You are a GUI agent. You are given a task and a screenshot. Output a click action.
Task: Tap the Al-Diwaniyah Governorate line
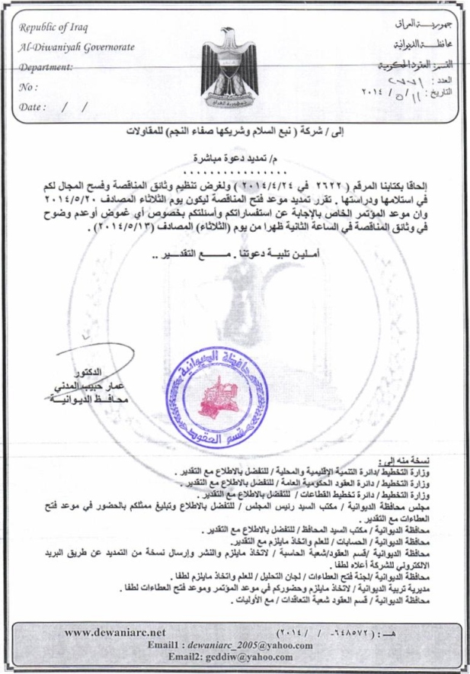pyautogui.click(x=76, y=47)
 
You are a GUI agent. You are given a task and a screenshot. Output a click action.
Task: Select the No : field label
pyautogui.click(x=29, y=87)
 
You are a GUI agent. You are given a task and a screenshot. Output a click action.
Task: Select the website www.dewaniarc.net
pyautogui.click(x=115, y=632)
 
